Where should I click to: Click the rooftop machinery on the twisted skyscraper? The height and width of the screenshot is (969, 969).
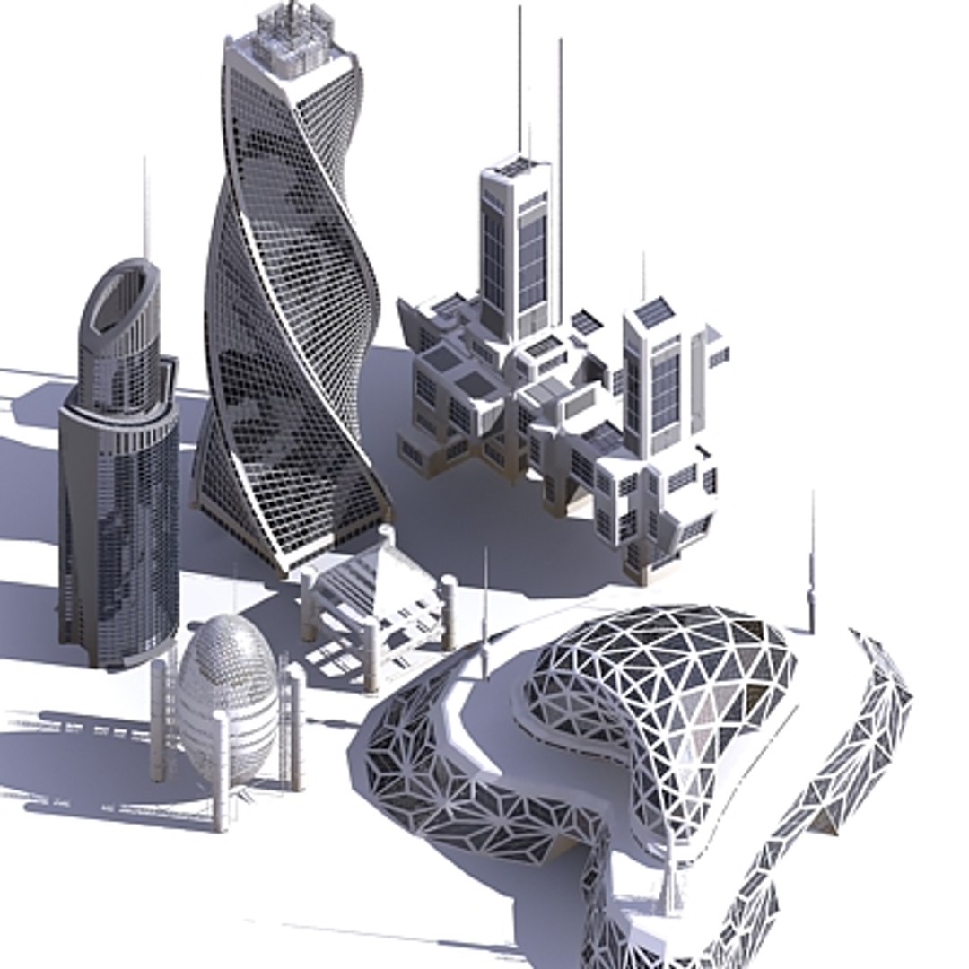[x=290, y=31]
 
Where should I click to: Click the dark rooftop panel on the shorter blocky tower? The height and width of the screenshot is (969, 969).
[x=654, y=312]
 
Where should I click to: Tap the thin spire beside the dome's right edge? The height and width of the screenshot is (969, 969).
[x=811, y=565]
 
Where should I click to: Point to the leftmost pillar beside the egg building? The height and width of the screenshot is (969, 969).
[x=159, y=718]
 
